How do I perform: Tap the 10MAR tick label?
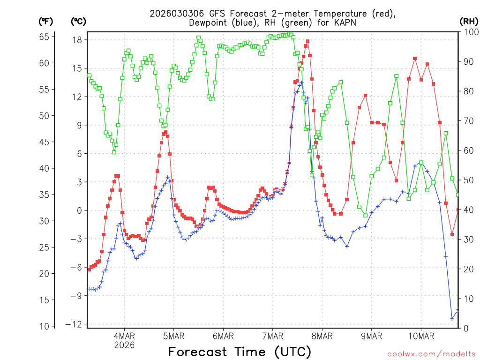click(420, 336)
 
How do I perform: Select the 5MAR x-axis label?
click(173, 336)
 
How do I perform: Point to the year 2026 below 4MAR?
click(124, 345)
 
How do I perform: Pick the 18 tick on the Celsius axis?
click(77, 40)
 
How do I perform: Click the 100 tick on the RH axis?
click(469, 32)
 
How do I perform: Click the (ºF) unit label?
click(45, 22)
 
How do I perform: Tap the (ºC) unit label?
click(78, 22)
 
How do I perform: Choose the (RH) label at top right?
click(469, 22)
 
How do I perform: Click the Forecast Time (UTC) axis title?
click(240, 352)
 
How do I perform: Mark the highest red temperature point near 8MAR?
click(307, 41)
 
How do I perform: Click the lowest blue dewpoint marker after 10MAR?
click(452, 319)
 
